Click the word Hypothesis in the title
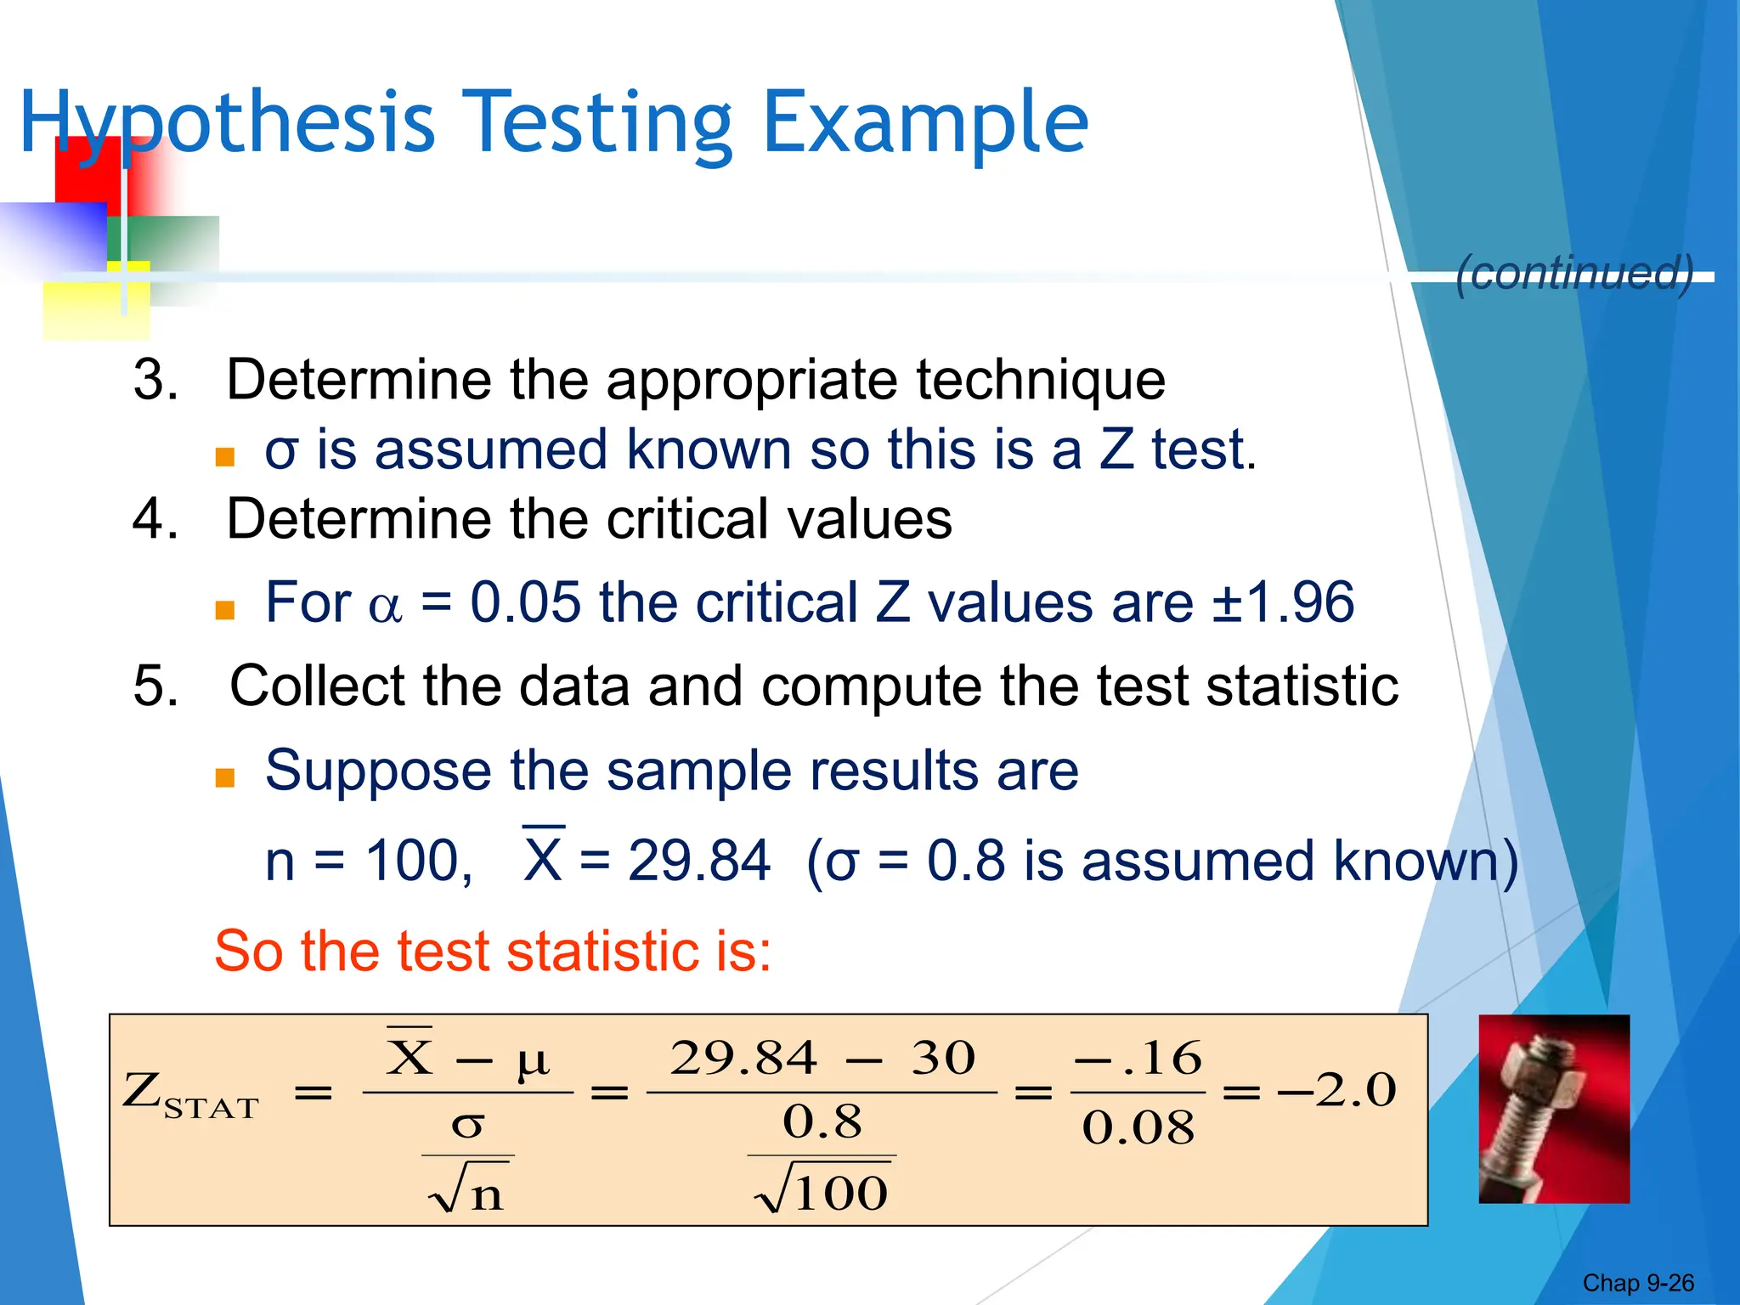point(228,123)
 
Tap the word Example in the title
point(925,123)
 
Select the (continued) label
point(1574,273)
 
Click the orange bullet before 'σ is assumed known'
point(225,457)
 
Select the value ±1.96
point(1282,602)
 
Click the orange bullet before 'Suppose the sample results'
point(225,777)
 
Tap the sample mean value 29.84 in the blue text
point(698,861)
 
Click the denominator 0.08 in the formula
point(1138,1128)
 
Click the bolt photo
point(1554,1109)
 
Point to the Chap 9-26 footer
point(1637,1283)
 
